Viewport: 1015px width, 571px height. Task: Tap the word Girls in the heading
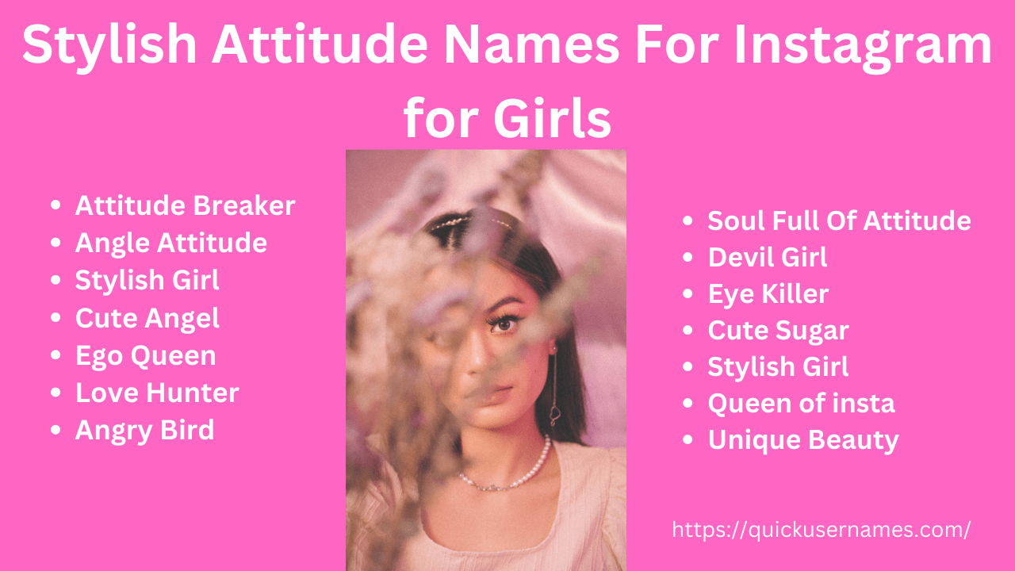[x=552, y=119]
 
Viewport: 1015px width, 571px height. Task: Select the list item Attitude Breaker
[x=185, y=206]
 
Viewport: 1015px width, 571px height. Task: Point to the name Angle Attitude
[x=170, y=243]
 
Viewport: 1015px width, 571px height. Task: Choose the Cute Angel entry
[x=147, y=318]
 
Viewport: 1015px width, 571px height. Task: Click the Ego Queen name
[x=145, y=355]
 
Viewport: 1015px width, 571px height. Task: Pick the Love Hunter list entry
[x=157, y=393]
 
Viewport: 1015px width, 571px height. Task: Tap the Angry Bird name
[x=144, y=430]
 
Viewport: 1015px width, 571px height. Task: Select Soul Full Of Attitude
[x=839, y=220]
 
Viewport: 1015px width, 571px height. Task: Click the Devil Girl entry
[x=767, y=257]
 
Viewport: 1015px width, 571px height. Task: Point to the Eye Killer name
[x=768, y=294]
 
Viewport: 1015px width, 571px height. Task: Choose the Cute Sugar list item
[x=778, y=331]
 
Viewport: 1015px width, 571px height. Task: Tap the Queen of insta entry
[x=801, y=404]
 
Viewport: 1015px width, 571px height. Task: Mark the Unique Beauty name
[x=802, y=440]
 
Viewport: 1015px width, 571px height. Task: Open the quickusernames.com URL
[x=821, y=530]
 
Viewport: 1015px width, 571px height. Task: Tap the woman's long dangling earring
[x=555, y=389]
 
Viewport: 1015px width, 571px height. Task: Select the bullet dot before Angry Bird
[x=56, y=430]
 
